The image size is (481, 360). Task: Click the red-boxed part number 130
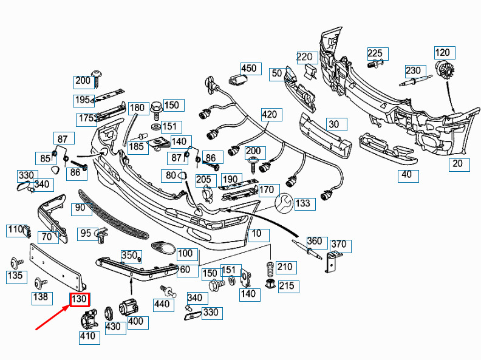pyautogui.click(x=80, y=300)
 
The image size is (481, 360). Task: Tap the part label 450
pyautogui.click(x=249, y=69)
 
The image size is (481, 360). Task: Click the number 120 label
pyautogui.click(x=443, y=53)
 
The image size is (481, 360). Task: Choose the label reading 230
pyautogui.click(x=413, y=70)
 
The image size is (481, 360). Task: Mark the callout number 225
pyautogui.click(x=375, y=53)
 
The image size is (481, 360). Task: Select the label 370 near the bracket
pyautogui.click(x=338, y=245)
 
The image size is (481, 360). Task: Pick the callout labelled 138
pyautogui.click(x=40, y=297)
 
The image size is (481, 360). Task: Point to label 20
pyautogui.click(x=457, y=163)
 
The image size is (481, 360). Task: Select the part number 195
pyautogui.click(x=81, y=100)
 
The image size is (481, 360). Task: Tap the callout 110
pyautogui.click(x=15, y=229)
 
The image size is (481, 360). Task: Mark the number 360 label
pyautogui.click(x=314, y=242)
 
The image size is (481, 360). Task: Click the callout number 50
pyautogui.click(x=277, y=73)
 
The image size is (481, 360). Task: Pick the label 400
pyautogui.click(x=135, y=321)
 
